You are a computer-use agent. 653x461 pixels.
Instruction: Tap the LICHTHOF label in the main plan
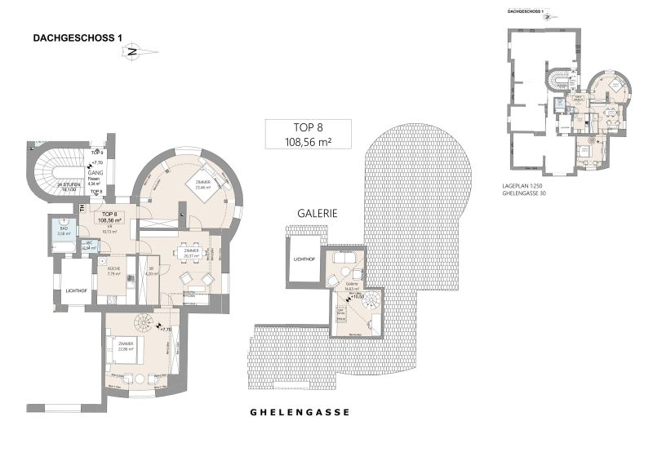click(x=78, y=290)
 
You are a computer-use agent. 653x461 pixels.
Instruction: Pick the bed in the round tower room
click(x=198, y=185)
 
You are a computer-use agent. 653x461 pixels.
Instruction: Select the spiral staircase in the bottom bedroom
click(x=145, y=324)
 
